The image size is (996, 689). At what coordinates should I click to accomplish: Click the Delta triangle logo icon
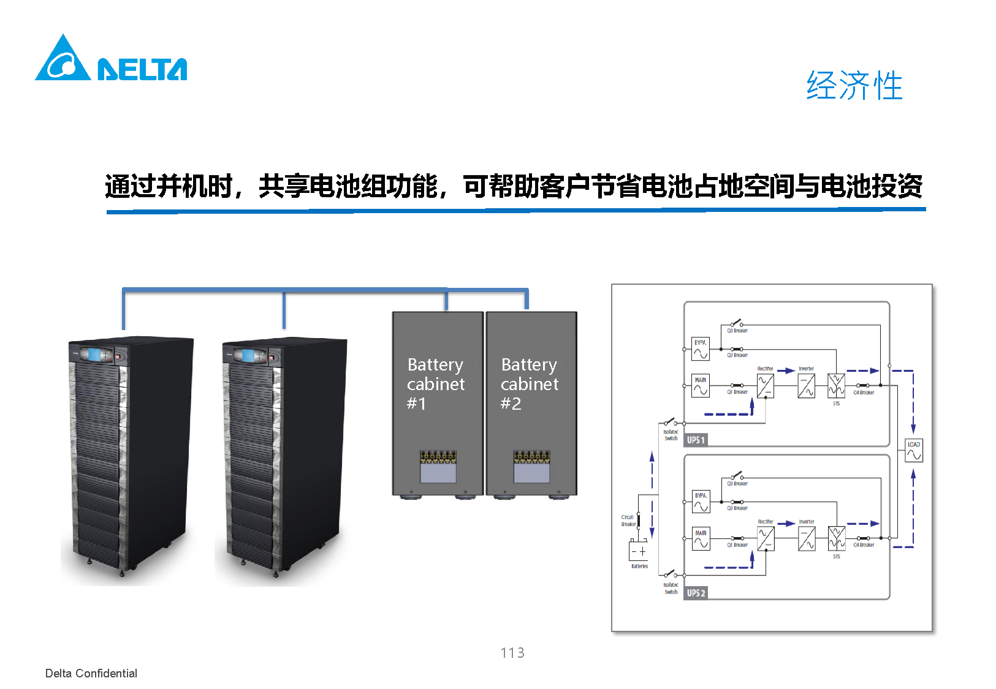pos(63,59)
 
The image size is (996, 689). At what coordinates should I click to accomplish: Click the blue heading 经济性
pos(854,85)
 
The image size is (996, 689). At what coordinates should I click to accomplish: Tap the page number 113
pos(512,653)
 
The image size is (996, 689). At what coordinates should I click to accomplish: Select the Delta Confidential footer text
pos(91,673)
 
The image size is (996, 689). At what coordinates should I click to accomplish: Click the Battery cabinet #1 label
pos(436,384)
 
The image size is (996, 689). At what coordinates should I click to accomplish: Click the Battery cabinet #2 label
pos(530,384)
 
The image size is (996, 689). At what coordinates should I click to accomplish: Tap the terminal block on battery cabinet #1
pos(438,457)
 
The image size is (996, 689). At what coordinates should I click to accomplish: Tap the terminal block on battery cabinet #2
pos(531,457)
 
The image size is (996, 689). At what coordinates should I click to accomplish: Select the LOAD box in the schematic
pos(914,451)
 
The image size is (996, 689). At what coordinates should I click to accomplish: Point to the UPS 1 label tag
pos(696,440)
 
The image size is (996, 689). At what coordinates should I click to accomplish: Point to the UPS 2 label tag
pos(696,593)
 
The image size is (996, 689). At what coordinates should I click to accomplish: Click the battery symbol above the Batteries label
pos(638,551)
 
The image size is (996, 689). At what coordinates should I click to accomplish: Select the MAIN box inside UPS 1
pos(701,386)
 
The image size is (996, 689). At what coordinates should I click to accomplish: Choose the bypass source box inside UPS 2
pos(701,502)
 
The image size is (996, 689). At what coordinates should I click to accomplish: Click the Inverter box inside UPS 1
pos(806,386)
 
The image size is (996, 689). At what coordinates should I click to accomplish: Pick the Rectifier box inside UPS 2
pos(765,539)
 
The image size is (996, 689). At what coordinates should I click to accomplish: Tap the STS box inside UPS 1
pos(836,386)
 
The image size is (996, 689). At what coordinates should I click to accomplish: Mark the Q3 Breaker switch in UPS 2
pos(737,476)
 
